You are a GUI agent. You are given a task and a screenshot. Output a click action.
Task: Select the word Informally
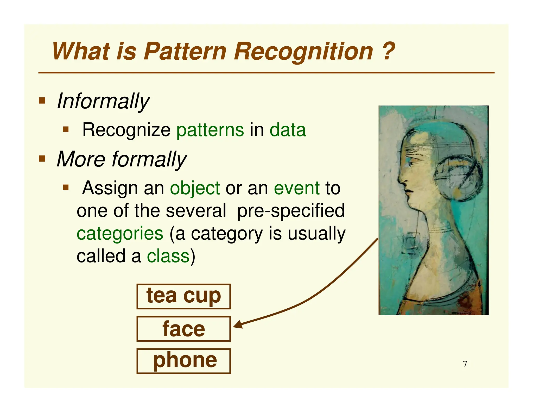[103, 101]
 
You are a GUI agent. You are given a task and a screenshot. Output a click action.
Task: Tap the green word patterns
[210, 130]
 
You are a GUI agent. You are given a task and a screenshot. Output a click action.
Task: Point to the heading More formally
[122, 159]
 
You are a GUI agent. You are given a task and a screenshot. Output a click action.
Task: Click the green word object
[195, 188]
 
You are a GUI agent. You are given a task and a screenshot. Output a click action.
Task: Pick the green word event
[297, 188]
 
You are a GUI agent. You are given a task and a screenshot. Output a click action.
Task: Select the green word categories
[120, 234]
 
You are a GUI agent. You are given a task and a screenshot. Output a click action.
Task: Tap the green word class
[168, 256]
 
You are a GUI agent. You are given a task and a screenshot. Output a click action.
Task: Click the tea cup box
[183, 296]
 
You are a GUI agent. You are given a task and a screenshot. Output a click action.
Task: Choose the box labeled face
[183, 329]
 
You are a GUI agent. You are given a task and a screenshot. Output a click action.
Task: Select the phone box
[183, 361]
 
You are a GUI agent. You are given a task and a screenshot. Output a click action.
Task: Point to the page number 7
[465, 364]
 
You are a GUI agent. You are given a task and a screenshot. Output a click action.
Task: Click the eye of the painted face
[412, 163]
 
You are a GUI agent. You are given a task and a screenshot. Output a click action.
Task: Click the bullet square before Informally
[42, 101]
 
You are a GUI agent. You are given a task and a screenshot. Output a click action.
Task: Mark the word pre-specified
[291, 211]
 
